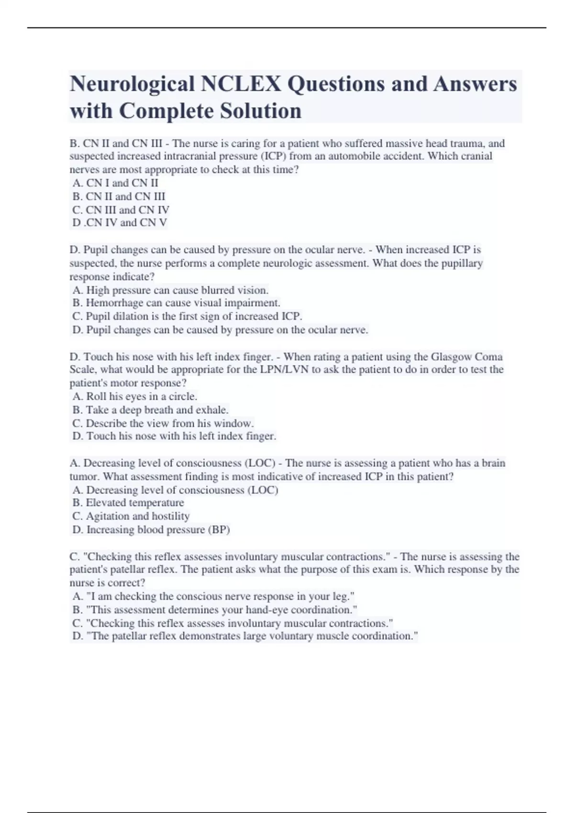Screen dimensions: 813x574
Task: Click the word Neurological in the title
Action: coord(132,84)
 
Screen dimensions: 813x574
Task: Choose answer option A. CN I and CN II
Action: coord(115,183)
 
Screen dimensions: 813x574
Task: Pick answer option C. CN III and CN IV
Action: coord(121,210)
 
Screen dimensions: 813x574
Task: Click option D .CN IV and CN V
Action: coord(120,223)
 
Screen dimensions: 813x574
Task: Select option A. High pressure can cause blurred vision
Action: coord(170,290)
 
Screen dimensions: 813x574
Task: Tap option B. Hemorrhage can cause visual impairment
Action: coord(176,303)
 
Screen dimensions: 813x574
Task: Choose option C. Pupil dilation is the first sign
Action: coord(187,317)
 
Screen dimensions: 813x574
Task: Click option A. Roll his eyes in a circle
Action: coord(135,396)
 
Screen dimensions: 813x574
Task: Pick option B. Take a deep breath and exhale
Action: coord(150,410)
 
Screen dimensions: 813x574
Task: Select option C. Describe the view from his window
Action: coord(163,423)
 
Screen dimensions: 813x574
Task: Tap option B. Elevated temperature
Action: coord(128,503)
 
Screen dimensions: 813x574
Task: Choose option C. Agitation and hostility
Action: coord(131,516)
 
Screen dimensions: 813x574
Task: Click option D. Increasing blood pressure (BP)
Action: coord(151,530)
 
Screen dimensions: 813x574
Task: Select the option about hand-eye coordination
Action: coord(215,610)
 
